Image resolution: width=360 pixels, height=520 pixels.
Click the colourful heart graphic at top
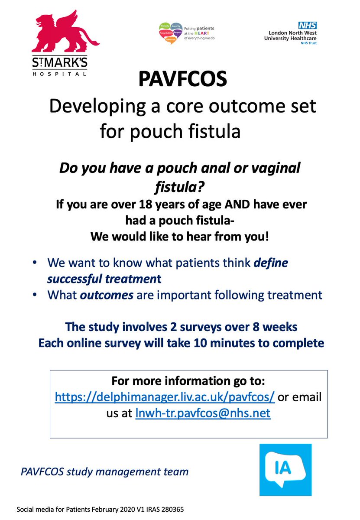(170, 32)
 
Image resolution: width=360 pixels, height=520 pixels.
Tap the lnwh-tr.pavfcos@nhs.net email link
(203, 413)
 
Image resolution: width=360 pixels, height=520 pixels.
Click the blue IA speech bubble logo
(282, 470)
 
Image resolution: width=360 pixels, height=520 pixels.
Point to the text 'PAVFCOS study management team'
(104, 471)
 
